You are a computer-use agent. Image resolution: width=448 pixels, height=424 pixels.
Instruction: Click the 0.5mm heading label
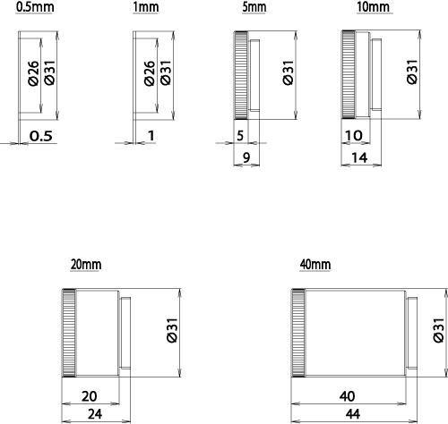(x=35, y=7)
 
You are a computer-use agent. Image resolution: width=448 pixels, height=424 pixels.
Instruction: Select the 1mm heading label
(x=145, y=7)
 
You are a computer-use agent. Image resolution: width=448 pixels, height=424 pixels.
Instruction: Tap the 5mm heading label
(x=254, y=7)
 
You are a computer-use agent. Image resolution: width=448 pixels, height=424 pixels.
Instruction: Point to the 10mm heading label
(x=374, y=7)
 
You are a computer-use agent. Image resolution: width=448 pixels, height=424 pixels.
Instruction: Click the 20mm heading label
(x=86, y=265)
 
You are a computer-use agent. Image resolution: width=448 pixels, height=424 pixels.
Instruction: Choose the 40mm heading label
(x=315, y=265)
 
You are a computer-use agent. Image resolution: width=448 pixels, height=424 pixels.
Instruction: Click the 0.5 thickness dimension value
(x=41, y=136)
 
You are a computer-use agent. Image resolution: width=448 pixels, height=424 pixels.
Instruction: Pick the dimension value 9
(x=246, y=157)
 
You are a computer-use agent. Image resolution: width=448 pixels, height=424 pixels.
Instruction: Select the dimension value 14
(x=359, y=157)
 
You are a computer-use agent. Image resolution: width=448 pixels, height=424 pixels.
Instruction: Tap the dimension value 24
(x=95, y=414)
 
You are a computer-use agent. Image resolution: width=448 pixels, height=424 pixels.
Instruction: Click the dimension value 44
(x=353, y=414)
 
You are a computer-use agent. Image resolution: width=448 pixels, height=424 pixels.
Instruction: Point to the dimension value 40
(x=347, y=396)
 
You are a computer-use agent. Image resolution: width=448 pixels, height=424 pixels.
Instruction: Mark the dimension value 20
(x=89, y=396)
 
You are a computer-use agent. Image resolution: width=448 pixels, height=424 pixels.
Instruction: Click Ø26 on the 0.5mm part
(x=34, y=73)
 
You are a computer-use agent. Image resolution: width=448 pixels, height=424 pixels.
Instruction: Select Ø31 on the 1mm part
(x=166, y=72)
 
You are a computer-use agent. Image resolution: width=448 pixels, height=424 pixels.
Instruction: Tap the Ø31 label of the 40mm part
(x=439, y=330)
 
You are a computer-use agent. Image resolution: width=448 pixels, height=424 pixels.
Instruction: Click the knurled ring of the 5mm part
(x=241, y=75)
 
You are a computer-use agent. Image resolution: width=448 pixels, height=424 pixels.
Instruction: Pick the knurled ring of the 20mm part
(x=69, y=333)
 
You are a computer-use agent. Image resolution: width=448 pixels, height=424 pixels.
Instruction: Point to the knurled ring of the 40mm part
(x=298, y=333)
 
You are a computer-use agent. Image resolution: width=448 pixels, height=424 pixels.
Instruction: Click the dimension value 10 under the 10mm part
(x=354, y=136)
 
